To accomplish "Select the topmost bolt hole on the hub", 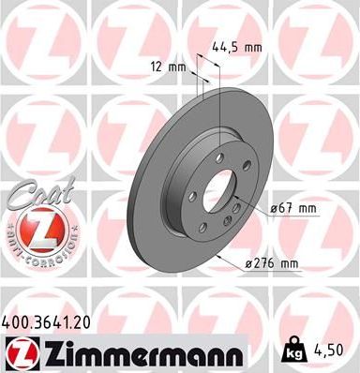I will tap(218, 157).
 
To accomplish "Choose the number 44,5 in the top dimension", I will tap(225, 44).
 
